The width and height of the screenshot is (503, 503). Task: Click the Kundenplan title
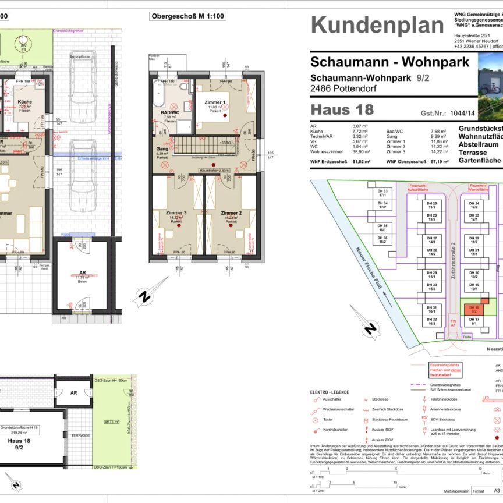[377, 25]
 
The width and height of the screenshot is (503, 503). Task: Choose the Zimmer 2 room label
[231, 213]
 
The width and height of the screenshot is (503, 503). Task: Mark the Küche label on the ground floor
[24, 102]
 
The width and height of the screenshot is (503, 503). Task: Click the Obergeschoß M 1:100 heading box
[187, 17]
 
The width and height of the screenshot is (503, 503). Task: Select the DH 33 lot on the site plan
[382, 193]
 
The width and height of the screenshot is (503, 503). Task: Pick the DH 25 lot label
[432, 205]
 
